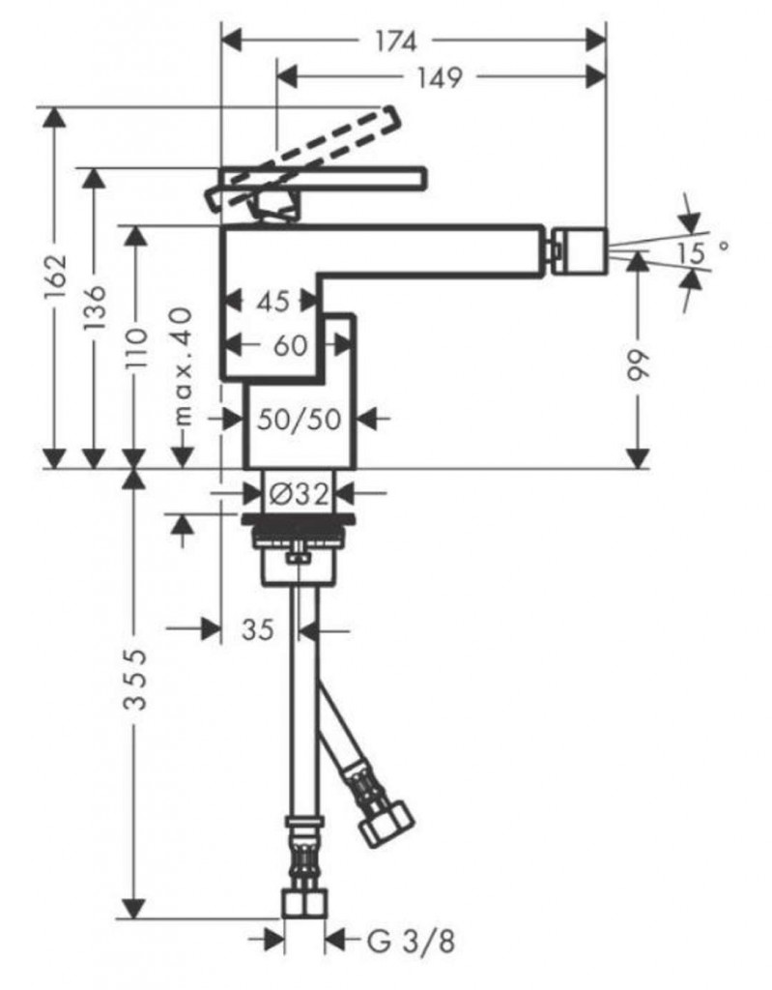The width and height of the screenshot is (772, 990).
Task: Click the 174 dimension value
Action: point(396,42)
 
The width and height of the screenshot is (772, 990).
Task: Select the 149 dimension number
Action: point(440,77)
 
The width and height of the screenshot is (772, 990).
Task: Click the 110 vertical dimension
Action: point(135,348)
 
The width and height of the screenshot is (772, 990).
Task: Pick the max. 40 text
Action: point(182,365)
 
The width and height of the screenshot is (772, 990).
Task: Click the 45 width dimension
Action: point(272,302)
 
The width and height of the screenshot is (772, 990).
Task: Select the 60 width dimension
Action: point(291,345)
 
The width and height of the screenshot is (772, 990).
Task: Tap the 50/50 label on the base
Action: point(300,420)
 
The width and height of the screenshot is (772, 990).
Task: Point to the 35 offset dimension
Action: point(258,629)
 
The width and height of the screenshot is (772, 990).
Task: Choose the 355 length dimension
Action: point(135,680)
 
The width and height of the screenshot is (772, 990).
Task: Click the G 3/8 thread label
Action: point(411,943)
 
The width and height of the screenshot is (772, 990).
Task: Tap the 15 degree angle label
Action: point(701,252)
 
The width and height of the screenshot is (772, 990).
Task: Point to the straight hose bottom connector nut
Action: point(305,904)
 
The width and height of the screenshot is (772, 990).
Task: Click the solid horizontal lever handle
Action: point(323,179)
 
